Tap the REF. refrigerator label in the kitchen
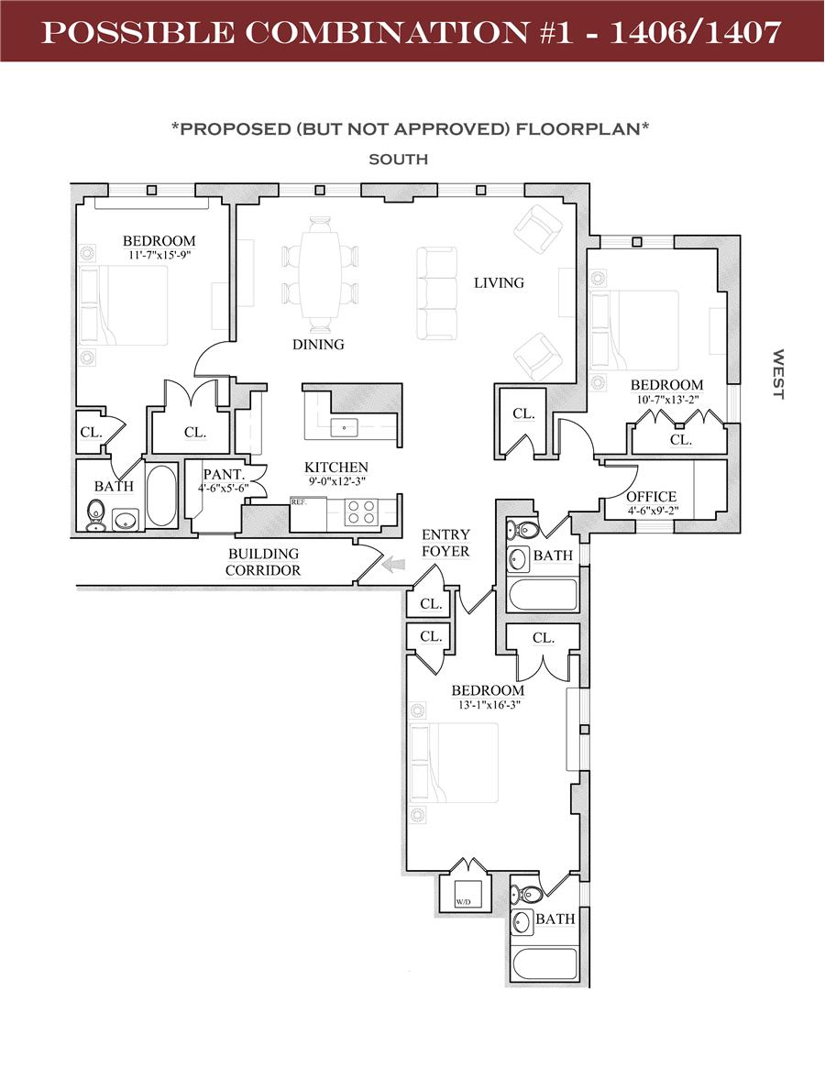(x=298, y=502)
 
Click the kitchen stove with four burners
(x=362, y=512)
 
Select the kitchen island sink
(x=345, y=426)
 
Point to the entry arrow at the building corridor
(x=395, y=566)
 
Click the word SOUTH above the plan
(x=398, y=159)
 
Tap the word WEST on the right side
(x=777, y=373)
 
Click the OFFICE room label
(x=651, y=497)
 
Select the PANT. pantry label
(x=223, y=475)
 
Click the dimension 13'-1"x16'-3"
(x=487, y=705)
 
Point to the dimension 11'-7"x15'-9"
(x=159, y=255)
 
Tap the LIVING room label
(x=499, y=282)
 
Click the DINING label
(x=318, y=345)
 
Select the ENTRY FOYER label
(x=445, y=543)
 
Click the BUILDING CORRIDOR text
(x=263, y=562)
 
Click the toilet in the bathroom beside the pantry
(x=95, y=514)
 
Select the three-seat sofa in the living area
(x=437, y=292)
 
